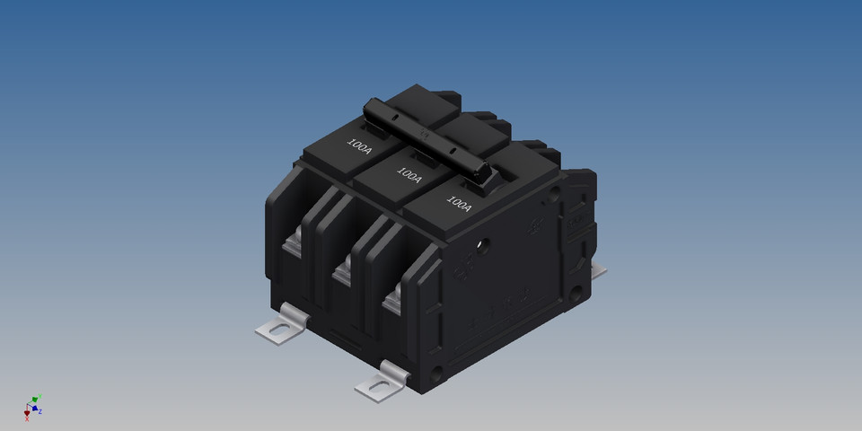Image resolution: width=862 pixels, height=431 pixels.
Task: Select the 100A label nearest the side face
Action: click(459, 204)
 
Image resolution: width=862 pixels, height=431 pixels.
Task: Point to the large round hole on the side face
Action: click(483, 243)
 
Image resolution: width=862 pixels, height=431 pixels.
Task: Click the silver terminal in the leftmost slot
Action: click(292, 242)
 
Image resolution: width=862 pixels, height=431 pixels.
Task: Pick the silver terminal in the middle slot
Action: click(341, 270)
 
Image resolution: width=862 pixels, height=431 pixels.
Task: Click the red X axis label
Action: click(27, 418)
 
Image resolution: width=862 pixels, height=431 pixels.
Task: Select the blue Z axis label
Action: click(40, 411)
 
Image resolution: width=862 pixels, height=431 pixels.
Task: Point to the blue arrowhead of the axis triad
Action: click(35, 409)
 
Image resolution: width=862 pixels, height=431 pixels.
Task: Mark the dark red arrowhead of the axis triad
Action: click(27, 411)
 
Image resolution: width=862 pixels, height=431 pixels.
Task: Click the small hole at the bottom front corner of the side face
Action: click(438, 370)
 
